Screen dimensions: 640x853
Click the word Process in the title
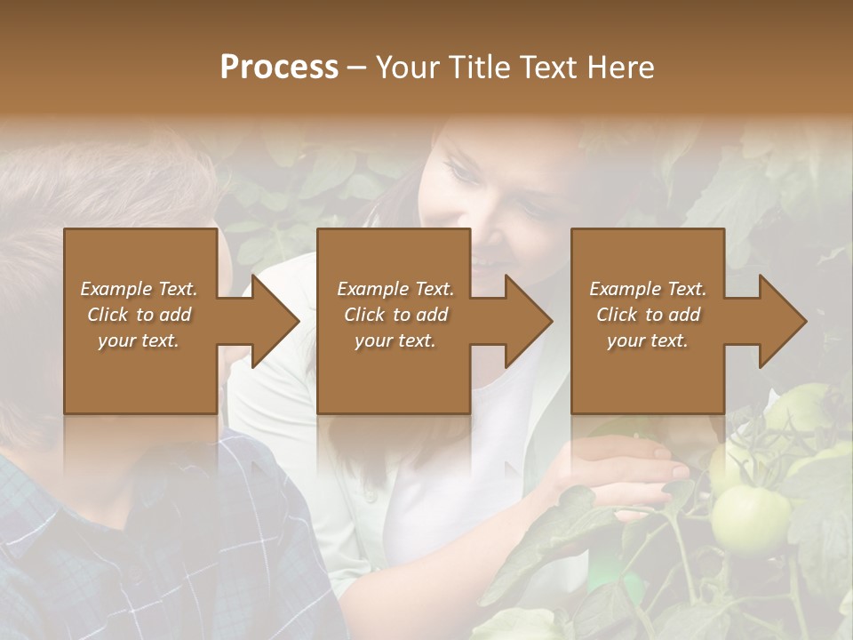coord(279,68)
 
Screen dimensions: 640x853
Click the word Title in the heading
coord(479,68)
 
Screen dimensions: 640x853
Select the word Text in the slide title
coord(550,68)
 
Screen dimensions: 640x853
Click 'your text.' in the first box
coord(139,340)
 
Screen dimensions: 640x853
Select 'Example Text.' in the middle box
coord(395,289)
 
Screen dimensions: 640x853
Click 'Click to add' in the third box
coord(648,315)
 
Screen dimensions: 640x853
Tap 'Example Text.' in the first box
coord(139,289)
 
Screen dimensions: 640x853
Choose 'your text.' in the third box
coord(648,340)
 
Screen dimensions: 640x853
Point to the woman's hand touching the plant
coord(622,471)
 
